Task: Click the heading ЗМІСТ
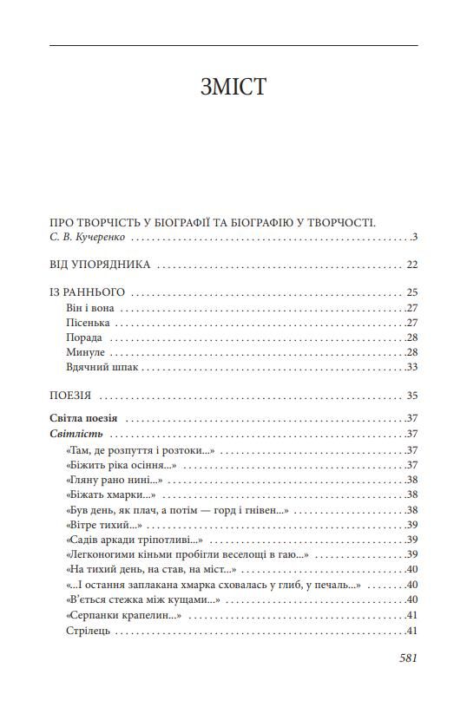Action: (x=233, y=87)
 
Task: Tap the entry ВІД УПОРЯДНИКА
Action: (x=101, y=265)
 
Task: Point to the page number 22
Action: (x=412, y=265)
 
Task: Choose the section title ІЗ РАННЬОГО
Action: (x=88, y=292)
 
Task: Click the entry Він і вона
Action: (x=92, y=308)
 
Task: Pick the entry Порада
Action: (x=84, y=337)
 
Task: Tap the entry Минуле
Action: (x=85, y=352)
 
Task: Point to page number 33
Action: (x=412, y=367)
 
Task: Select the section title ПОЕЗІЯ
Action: (x=71, y=396)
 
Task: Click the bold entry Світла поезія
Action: (x=83, y=418)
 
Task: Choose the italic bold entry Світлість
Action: (x=77, y=434)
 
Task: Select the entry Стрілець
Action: (x=87, y=631)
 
